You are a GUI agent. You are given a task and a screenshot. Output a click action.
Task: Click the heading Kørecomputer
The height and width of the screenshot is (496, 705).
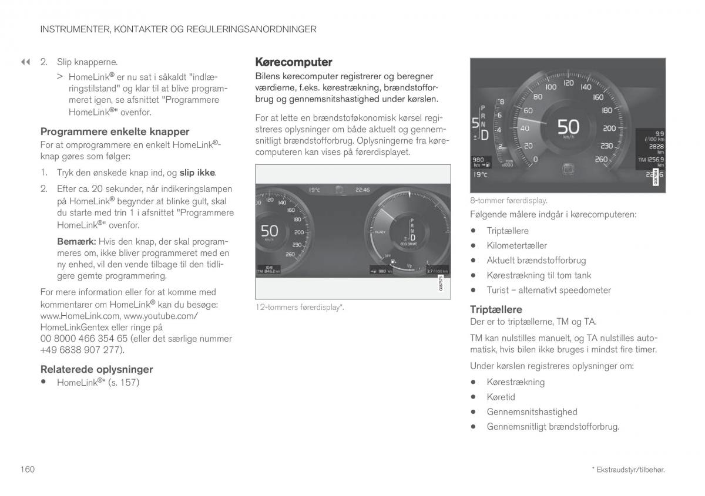[293, 62]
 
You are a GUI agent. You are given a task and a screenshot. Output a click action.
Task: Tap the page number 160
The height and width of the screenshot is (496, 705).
[27, 469]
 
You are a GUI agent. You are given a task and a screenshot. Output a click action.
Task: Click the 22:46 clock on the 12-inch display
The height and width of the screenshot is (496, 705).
[362, 190]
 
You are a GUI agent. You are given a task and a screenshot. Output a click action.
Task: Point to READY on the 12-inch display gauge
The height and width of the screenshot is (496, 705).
[380, 232]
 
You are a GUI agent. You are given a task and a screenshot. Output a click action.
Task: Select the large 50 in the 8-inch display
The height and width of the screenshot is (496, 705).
[568, 127]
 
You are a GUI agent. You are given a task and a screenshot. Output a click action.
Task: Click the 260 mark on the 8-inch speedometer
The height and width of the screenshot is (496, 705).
[601, 159]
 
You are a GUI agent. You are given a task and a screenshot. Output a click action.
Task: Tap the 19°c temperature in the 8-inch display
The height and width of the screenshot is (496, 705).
[480, 174]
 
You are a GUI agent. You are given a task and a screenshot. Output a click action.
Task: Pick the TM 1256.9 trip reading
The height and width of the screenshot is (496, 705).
[651, 159]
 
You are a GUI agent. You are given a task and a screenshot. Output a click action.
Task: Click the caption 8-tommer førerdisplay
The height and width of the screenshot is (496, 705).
[509, 201]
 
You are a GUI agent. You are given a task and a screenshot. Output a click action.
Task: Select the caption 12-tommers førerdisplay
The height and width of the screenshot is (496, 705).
[300, 307]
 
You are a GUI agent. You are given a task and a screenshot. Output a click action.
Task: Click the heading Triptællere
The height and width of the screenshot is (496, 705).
[496, 309]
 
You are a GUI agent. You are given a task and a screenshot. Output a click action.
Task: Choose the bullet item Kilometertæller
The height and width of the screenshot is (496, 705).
[516, 245]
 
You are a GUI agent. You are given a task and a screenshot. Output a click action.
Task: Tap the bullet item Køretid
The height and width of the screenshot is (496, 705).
[501, 397]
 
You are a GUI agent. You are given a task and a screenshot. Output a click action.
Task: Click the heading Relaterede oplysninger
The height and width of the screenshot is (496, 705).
[96, 369]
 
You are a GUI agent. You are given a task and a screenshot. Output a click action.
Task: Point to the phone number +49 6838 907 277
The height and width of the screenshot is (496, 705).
[82, 350]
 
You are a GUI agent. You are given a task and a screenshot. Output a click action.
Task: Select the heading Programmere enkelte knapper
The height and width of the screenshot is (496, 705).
[115, 131]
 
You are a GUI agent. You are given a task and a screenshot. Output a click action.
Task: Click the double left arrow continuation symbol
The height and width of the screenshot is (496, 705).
[25, 62]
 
